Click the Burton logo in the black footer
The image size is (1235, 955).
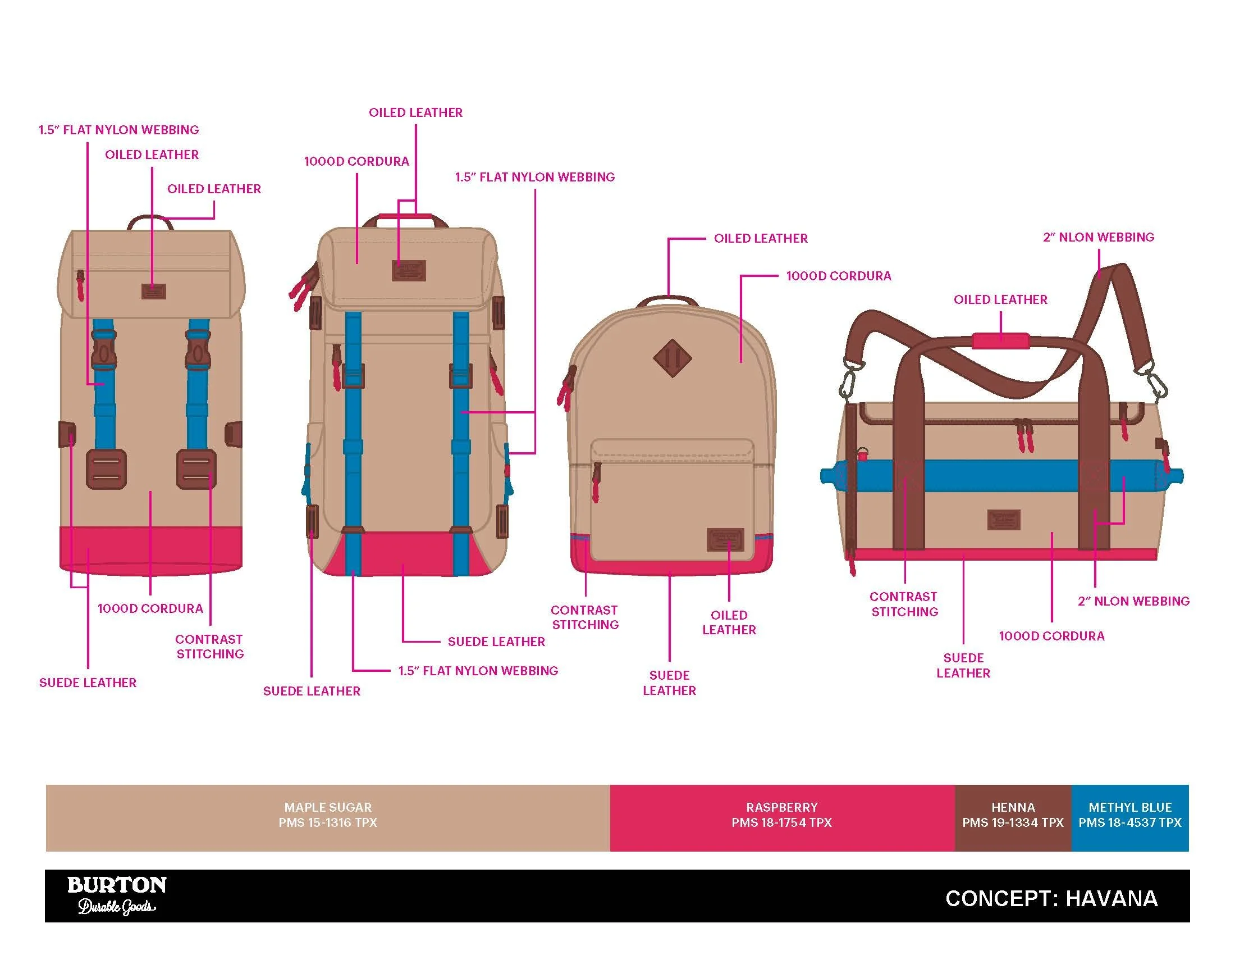click(117, 894)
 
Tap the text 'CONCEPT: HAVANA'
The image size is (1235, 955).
click(1051, 898)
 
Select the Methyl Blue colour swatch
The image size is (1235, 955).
click(1130, 817)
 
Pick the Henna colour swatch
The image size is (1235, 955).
click(1013, 817)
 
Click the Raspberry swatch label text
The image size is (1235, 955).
click(781, 815)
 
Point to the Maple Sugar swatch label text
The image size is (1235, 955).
click(328, 815)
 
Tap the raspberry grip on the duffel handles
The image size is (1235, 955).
click(1000, 340)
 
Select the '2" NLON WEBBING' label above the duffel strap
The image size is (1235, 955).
click(1098, 237)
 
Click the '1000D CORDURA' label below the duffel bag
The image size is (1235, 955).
click(1051, 636)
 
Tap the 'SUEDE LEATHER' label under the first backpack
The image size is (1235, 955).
click(88, 683)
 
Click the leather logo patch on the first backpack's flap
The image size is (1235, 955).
click(153, 292)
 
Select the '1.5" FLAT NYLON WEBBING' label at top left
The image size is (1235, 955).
click(119, 130)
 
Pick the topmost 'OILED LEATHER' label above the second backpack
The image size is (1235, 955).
click(415, 112)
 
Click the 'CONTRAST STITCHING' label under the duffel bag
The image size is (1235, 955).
click(904, 604)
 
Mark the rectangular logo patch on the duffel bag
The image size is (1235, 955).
click(1004, 520)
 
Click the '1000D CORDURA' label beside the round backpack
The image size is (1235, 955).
click(838, 276)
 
